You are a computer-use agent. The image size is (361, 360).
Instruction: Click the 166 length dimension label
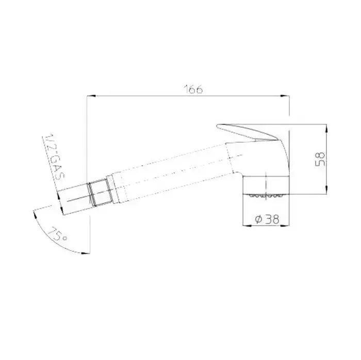click(193, 89)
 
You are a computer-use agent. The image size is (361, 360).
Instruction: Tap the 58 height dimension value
click(320, 159)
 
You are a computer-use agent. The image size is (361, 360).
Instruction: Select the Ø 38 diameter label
click(267, 219)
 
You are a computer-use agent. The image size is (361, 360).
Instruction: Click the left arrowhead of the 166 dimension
click(91, 96)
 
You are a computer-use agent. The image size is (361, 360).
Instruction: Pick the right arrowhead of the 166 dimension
click(285, 96)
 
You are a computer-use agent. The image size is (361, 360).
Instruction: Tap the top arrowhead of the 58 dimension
click(326, 129)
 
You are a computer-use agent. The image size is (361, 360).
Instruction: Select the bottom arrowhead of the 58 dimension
click(326, 190)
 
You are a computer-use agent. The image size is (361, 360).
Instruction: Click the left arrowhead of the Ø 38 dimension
click(247, 226)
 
